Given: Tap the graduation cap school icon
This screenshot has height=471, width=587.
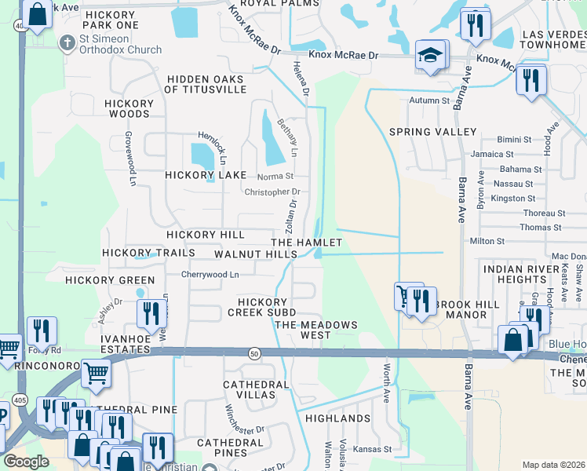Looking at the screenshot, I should tap(429, 55).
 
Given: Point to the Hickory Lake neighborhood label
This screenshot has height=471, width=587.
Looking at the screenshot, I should tap(206, 175).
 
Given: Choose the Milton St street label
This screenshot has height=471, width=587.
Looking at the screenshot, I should tap(487, 242).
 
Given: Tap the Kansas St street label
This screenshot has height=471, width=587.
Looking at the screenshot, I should tap(372, 450).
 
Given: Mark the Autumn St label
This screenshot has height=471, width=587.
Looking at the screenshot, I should tap(429, 100).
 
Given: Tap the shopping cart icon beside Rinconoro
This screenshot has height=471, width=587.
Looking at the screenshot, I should tap(95, 373).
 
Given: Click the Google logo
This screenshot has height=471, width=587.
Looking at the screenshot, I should tap(27, 462).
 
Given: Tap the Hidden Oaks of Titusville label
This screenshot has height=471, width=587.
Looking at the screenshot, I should tap(205, 84).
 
